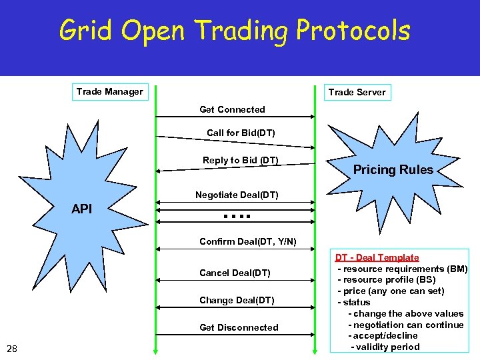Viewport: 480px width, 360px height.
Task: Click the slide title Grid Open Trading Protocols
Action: point(235,31)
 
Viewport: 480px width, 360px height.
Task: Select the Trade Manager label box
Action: point(109,92)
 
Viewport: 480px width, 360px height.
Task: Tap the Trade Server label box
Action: point(357,93)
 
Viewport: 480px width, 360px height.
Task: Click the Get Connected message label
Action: point(232,109)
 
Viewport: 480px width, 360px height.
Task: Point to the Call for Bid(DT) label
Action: point(241,133)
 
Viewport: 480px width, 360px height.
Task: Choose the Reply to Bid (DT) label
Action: point(241,160)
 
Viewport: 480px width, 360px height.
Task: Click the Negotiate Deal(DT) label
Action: point(237,195)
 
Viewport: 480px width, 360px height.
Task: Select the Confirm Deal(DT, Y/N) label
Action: point(248,241)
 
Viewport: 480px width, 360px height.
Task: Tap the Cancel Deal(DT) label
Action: point(235,273)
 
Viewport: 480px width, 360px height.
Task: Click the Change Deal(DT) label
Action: point(237,300)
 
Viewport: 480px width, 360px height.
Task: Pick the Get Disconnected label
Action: point(239,327)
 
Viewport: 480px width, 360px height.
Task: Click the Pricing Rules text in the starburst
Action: point(393,170)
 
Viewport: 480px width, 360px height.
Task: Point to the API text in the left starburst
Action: point(81,209)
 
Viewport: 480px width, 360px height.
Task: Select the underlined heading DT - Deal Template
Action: point(377,257)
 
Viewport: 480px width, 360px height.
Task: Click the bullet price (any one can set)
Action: point(391,291)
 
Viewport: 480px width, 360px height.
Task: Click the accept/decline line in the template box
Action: point(383,335)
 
